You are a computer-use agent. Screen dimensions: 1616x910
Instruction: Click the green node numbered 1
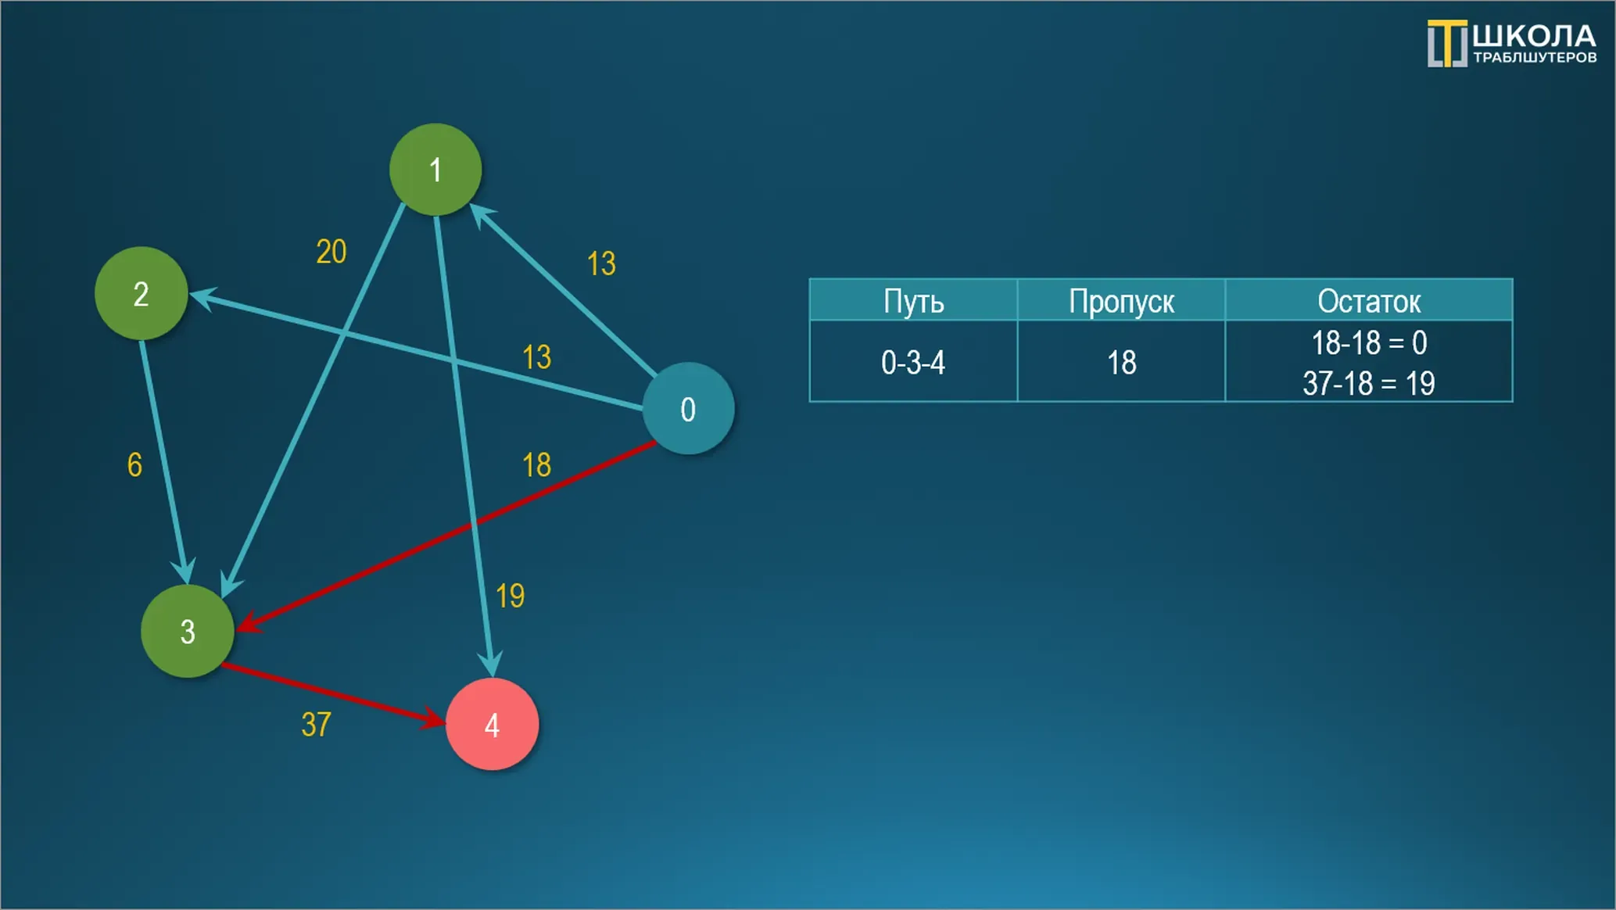(x=435, y=170)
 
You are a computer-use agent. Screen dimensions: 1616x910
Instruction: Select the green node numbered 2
(x=141, y=293)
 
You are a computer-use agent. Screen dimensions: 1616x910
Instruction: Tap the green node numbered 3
(x=187, y=631)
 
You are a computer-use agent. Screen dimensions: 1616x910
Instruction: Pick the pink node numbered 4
(x=492, y=724)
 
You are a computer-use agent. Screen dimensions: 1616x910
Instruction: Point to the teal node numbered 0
(x=688, y=408)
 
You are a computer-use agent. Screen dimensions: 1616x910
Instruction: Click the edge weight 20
(x=331, y=252)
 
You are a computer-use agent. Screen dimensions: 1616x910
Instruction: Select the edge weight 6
(x=134, y=465)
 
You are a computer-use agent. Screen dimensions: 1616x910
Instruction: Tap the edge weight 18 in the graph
(x=536, y=465)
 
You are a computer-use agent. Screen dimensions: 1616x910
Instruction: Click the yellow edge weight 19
(x=510, y=597)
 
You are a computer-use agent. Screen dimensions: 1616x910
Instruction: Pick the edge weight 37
(x=316, y=725)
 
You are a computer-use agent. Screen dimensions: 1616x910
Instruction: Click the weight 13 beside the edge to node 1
(x=601, y=263)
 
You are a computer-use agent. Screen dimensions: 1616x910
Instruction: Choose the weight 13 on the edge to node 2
(x=536, y=357)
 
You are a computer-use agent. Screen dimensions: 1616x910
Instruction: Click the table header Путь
(x=913, y=301)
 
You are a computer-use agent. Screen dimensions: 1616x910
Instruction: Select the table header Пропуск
(x=1121, y=301)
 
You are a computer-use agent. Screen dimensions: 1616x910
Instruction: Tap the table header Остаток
(x=1369, y=301)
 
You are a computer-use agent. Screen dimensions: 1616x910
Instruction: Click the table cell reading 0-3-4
(x=913, y=363)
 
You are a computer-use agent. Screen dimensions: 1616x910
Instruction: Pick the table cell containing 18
(x=1121, y=363)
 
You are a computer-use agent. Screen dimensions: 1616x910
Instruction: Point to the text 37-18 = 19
(x=1369, y=383)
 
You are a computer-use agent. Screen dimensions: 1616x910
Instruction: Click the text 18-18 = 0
(x=1369, y=342)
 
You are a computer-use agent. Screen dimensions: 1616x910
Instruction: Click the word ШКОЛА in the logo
(x=1534, y=36)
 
